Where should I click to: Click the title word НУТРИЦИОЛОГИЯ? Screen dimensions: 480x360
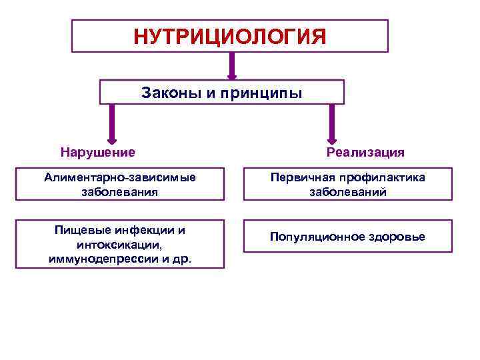coord(230,36)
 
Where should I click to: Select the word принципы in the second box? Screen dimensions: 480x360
coord(263,93)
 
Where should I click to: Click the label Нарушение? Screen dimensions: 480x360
coord(97,152)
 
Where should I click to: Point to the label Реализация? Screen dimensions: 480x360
coord(365,152)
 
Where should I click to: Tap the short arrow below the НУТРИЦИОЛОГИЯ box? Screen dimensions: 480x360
coord(232,66)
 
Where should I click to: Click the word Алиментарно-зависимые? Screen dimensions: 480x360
coord(120,177)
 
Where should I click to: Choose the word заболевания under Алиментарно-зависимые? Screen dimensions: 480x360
coord(120,192)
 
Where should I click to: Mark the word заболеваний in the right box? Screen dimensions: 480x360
coord(347,192)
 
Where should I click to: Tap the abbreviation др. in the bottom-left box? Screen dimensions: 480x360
coord(181,259)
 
